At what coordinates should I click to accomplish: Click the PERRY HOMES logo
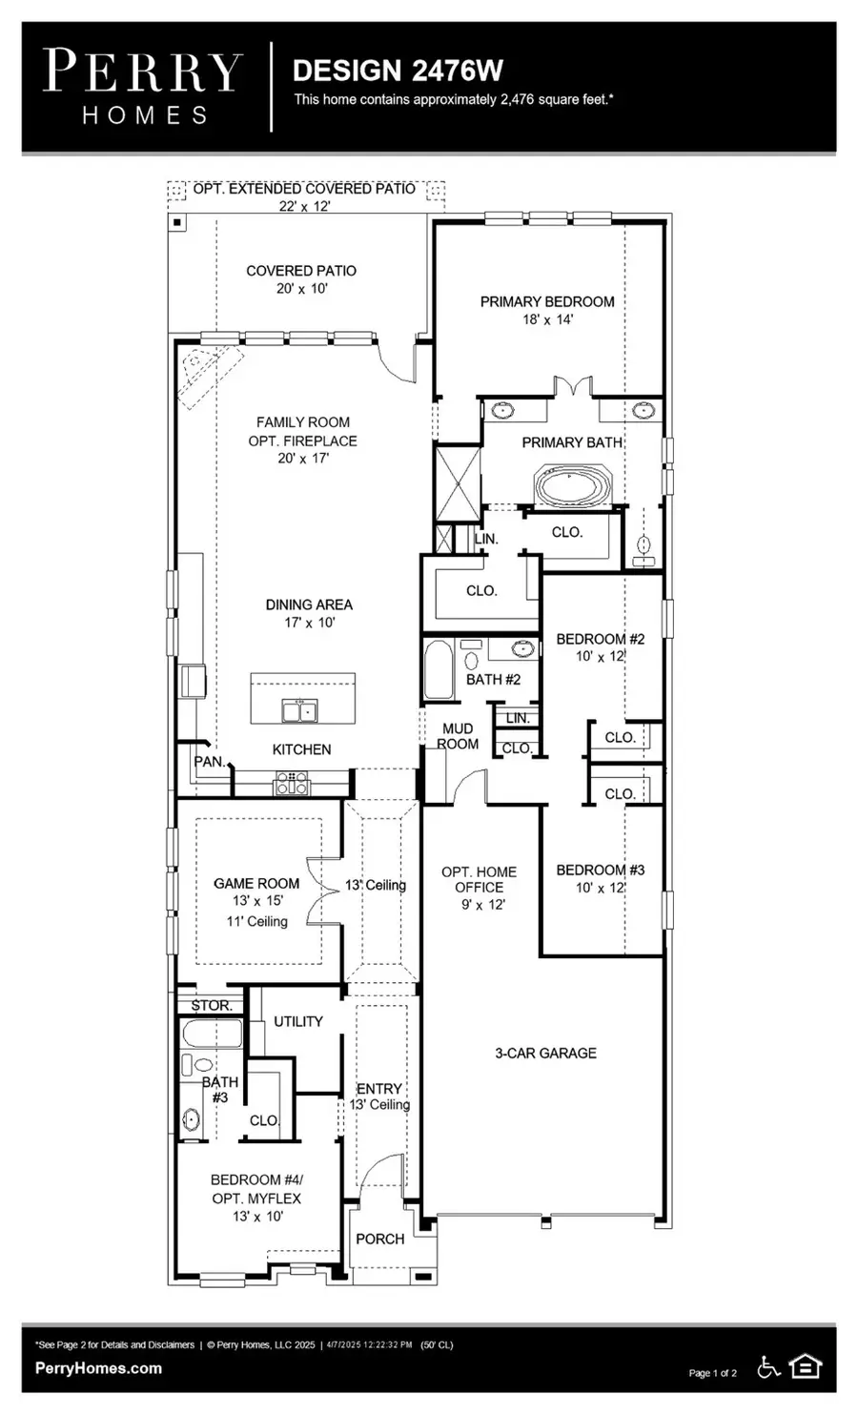(x=144, y=87)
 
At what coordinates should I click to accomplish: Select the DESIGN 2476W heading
(x=398, y=71)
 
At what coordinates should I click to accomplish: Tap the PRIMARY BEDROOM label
(x=546, y=301)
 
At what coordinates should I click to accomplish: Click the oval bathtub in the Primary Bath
(x=570, y=485)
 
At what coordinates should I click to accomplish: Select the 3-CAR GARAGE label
(x=545, y=1053)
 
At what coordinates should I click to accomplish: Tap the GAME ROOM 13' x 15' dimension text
(x=255, y=901)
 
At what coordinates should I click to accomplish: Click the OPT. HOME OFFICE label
(x=479, y=879)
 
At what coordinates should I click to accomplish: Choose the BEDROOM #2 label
(x=600, y=639)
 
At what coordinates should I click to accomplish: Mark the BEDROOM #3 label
(x=600, y=870)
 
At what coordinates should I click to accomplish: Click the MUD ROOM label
(x=458, y=736)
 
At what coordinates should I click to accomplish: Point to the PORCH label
(x=379, y=1239)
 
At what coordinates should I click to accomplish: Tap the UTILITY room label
(x=298, y=1021)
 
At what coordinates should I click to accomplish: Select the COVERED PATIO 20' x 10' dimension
(x=301, y=289)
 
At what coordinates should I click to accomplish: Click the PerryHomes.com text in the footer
(x=98, y=1368)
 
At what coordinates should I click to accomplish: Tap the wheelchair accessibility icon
(x=767, y=1367)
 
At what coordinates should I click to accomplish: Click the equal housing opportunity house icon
(x=807, y=1367)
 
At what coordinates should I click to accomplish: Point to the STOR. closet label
(x=211, y=1006)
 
